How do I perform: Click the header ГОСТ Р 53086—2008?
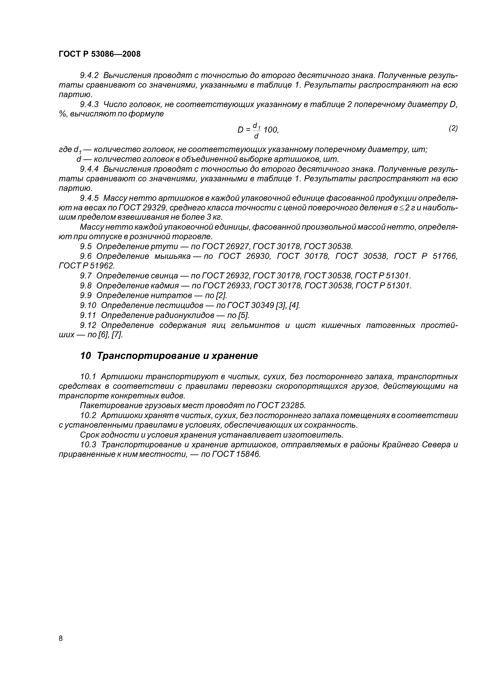pos(100,54)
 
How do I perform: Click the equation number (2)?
pos(453,128)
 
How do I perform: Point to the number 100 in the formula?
pos(270,130)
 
